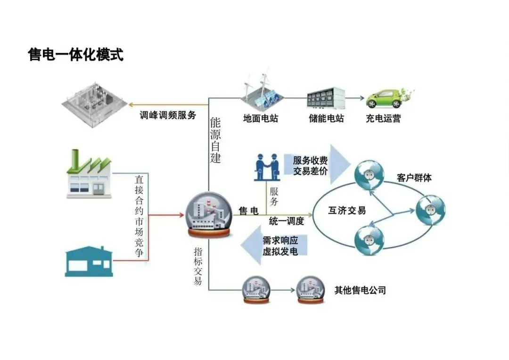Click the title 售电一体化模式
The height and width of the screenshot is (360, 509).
76,55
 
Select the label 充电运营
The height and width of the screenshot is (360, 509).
383,118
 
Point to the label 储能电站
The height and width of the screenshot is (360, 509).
326,118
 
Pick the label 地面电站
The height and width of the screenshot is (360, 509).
261,118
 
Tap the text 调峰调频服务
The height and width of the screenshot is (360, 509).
168,115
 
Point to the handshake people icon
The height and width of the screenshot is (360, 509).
267,167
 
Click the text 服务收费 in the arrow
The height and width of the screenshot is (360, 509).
310,160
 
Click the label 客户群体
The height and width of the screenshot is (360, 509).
414,178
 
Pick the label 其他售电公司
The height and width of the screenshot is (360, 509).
360,290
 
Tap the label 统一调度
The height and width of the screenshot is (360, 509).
286,221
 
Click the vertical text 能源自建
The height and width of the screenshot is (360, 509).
215,140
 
